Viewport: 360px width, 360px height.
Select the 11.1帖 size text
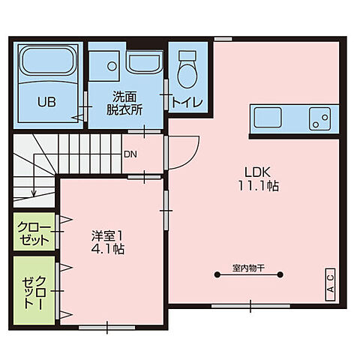(x=259, y=184)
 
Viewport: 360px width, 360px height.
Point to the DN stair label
(x=130, y=154)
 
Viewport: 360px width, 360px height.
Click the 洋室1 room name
(x=107, y=234)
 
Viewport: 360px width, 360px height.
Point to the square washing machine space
(x=106, y=64)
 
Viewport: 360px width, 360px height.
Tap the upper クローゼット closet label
(x=33, y=233)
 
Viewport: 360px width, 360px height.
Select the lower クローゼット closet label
(x=34, y=291)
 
